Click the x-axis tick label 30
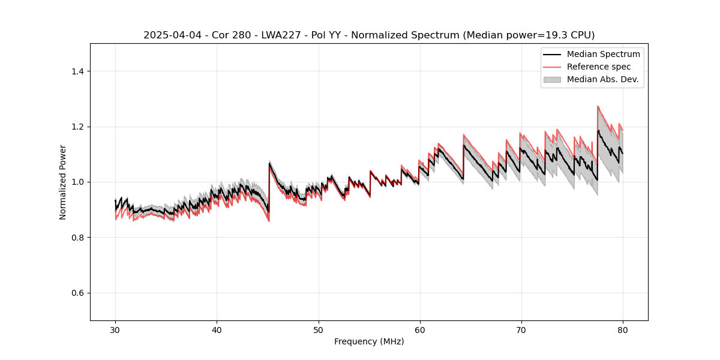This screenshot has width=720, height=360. click(115, 329)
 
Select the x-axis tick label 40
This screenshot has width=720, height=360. click(217, 329)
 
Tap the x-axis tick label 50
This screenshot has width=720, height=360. click(318, 329)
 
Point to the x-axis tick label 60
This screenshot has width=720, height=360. click(419, 329)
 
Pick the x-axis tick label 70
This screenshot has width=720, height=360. click(521, 329)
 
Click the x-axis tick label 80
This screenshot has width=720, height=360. click(622, 329)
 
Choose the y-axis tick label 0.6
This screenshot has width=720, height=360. click(77, 293)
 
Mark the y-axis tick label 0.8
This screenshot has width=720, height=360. click(77, 238)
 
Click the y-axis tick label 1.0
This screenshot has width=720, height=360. click(77, 182)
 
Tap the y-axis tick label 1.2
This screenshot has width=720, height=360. click(77, 127)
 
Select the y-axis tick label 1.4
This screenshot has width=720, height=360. click(77, 71)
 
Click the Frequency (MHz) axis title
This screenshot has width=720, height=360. click(369, 341)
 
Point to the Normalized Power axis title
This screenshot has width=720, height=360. click(63, 182)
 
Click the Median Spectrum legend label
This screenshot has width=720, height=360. click(603, 55)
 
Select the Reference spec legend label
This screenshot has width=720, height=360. click(599, 67)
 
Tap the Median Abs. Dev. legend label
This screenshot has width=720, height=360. click(602, 79)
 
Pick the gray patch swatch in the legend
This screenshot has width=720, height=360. click(552, 79)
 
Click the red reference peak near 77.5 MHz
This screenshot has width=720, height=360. click(598, 107)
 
